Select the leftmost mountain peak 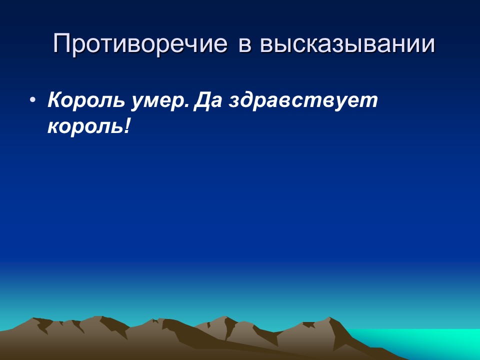pos(35,319)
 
